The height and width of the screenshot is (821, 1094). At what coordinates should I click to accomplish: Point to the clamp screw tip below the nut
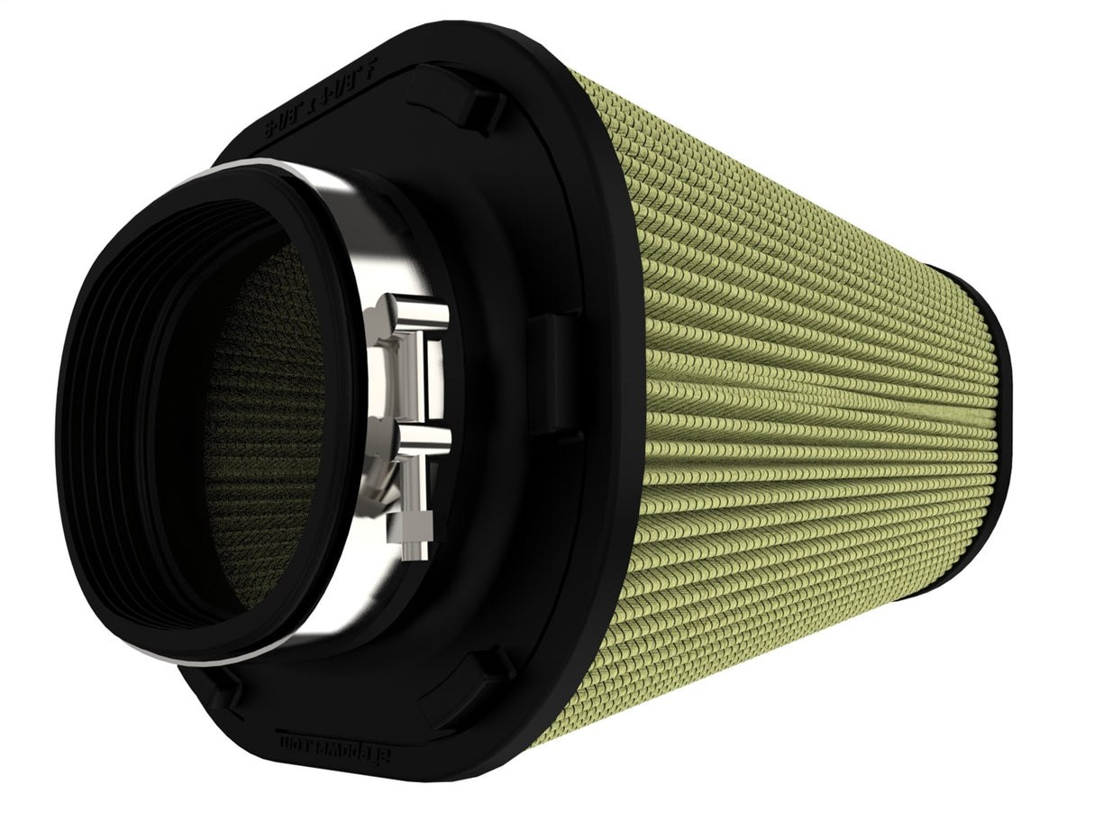click(x=411, y=551)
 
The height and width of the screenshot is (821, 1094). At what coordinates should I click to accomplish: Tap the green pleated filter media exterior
click(x=811, y=406)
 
